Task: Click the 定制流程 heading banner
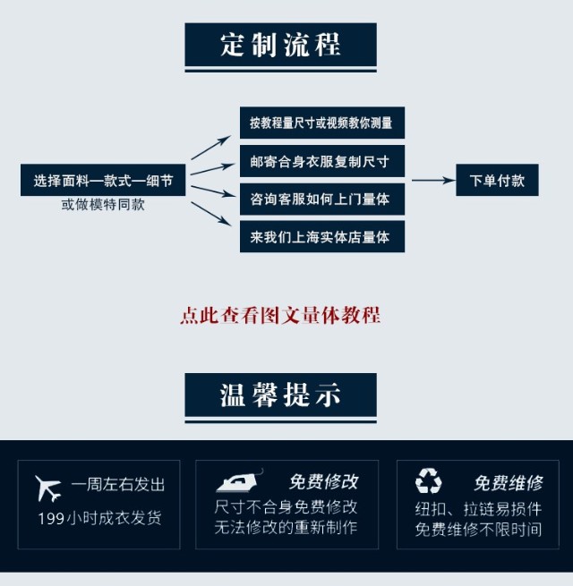click(x=280, y=46)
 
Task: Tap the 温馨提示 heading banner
click(x=280, y=395)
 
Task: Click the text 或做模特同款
click(x=103, y=205)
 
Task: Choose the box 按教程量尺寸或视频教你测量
click(x=321, y=123)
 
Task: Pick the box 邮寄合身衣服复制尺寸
click(x=321, y=162)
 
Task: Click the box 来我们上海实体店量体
click(x=321, y=237)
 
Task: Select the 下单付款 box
click(x=497, y=181)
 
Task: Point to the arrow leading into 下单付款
click(x=432, y=181)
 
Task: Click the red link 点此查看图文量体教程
click(x=280, y=316)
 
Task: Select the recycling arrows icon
click(x=428, y=482)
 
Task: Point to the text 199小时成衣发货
click(x=99, y=518)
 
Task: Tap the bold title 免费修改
click(x=323, y=482)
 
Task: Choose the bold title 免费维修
click(x=508, y=483)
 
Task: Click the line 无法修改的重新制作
click(x=286, y=528)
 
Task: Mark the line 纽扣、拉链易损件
click(x=478, y=508)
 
